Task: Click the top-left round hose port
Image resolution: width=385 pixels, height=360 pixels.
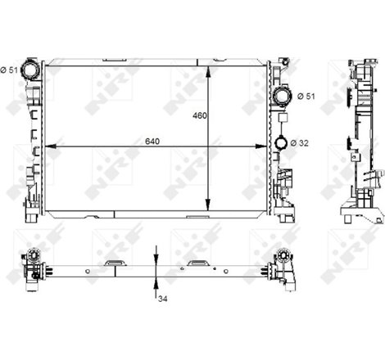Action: (x=32, y=69)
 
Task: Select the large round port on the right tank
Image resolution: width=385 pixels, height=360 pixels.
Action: (x=282, y=97)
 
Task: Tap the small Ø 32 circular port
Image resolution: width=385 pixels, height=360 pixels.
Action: (x=281, y=144)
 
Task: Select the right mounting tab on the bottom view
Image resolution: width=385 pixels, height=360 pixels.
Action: (x=197, y=263)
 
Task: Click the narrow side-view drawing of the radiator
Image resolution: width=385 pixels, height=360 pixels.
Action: (x=361, y=139)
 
